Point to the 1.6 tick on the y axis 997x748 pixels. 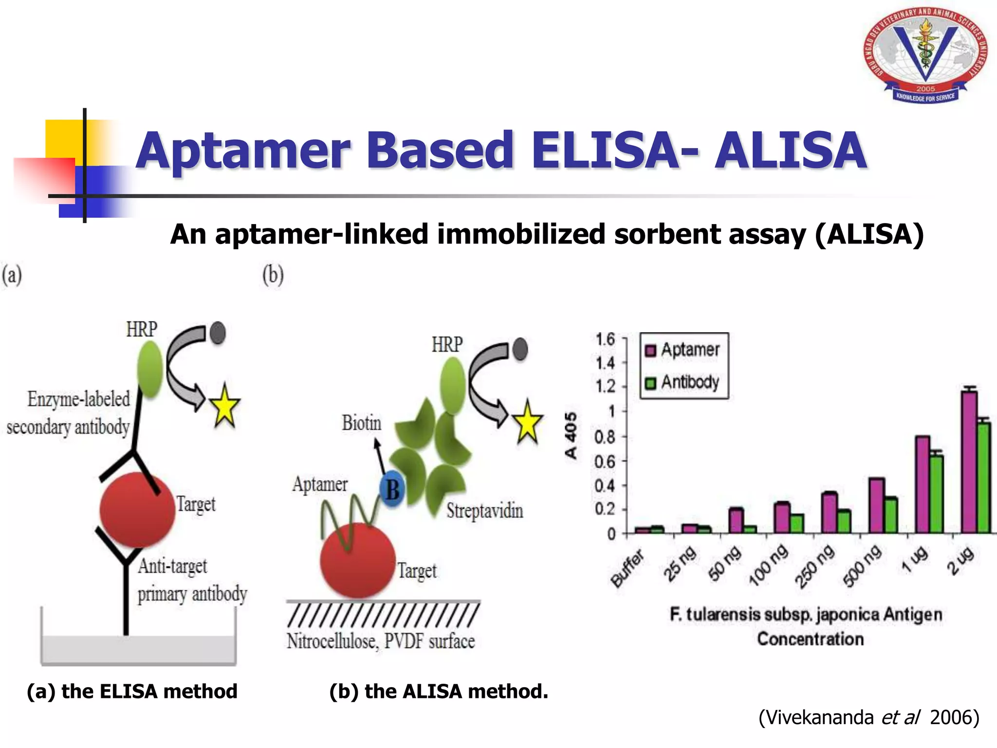coord(605,339)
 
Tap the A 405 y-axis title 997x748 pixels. coord(571,435)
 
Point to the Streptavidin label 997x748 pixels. coord(485,511)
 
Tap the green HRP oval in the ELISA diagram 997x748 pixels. coord(150,368)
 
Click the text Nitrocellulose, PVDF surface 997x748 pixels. coord(381,641)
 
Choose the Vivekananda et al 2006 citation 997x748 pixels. coord(868,717)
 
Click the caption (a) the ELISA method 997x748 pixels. coord(132,692)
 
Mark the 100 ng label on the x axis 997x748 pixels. coord(768,565)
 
